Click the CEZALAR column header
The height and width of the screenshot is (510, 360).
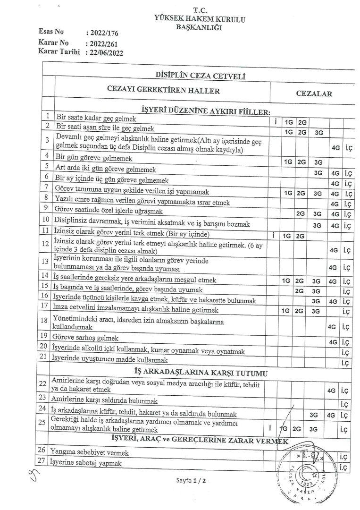(314, 93)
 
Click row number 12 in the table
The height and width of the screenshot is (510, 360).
(46, 245)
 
